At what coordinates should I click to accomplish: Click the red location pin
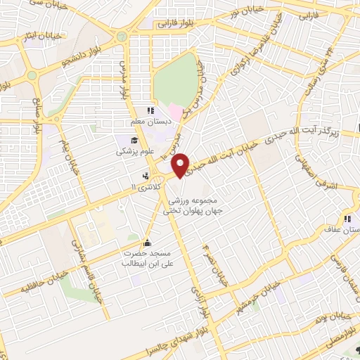point(181,164)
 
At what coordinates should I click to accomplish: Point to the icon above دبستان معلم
point(148,111)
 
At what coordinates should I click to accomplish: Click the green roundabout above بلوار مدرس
point(123,36)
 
